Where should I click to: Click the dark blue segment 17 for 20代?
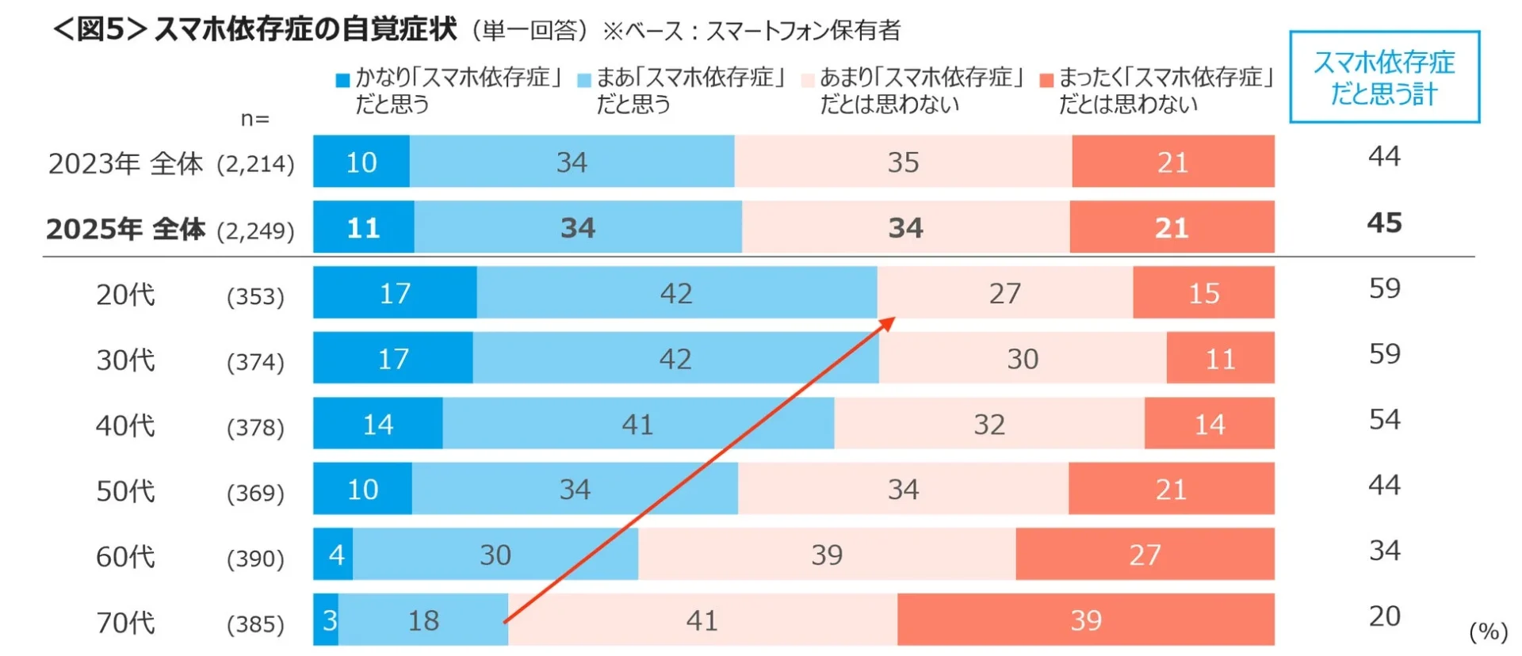coord(395,292)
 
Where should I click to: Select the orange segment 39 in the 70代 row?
coord(1085,620)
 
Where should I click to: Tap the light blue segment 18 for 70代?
coord(423,620)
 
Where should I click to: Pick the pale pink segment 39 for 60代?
coord(827,554)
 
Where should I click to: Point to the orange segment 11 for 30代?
coord(1220,358)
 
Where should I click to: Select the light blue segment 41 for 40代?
coord(637,424)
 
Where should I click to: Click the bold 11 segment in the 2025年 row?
coord(363,227)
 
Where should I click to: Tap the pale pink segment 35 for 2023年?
coord(903,162)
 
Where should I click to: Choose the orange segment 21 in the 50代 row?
coord(1171,489)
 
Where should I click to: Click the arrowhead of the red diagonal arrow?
coord(888,323)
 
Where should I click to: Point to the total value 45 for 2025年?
coord(1384,223)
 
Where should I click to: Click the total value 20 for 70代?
coord(1384,616)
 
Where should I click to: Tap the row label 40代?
coord(125,425)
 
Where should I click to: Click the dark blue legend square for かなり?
coord(342,80)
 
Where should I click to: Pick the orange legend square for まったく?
coord(1046,80)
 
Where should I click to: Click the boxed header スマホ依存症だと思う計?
coord(1384,77)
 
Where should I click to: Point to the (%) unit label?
coord(1488,631)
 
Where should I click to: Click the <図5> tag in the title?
coord(100,29)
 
